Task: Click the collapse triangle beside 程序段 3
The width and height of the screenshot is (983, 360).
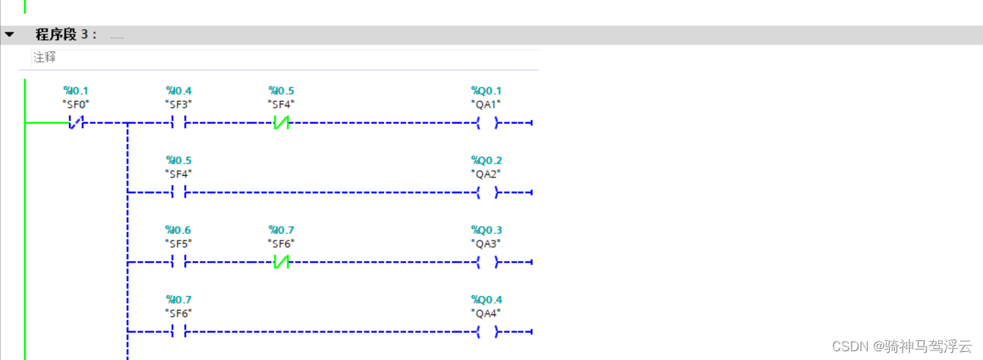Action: click(x=10, y=34)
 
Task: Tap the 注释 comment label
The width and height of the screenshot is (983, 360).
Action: click(x=45, y=57)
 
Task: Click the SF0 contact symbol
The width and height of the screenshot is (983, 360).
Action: click(x=76, y=123)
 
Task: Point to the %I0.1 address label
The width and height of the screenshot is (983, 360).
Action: click(x=76, y=91)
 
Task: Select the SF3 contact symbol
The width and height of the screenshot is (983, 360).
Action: click(x=179, y=123)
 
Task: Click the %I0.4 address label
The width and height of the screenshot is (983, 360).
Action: click(x=179, y=91)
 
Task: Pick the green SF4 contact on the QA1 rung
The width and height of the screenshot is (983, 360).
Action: click(x=281, y=123)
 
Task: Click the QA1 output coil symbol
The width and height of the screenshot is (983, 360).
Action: click(x=487, y=123)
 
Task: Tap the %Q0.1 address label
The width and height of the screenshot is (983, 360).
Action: click(x=487, y=91)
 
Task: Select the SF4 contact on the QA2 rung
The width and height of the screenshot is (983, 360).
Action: click(x=179, y=193)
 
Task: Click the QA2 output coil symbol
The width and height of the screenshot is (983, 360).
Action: click(x=487, y=193)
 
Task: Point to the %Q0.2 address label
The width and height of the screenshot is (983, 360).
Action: click(x=487, y=161)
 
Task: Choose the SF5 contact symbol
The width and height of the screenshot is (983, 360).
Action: click(x=179, y=262)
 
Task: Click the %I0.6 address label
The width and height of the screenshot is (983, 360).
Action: click(x=179, y=230)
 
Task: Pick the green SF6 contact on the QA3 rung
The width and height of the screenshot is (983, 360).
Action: click(x=281, y=262)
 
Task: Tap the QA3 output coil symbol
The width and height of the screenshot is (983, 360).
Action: click(x=487, y=262)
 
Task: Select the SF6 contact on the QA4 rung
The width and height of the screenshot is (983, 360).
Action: click(x=179, y=332)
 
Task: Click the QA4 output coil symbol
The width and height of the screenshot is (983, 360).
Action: click(x=487, y=332)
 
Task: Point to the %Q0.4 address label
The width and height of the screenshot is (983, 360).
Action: click(x=487, y=300)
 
